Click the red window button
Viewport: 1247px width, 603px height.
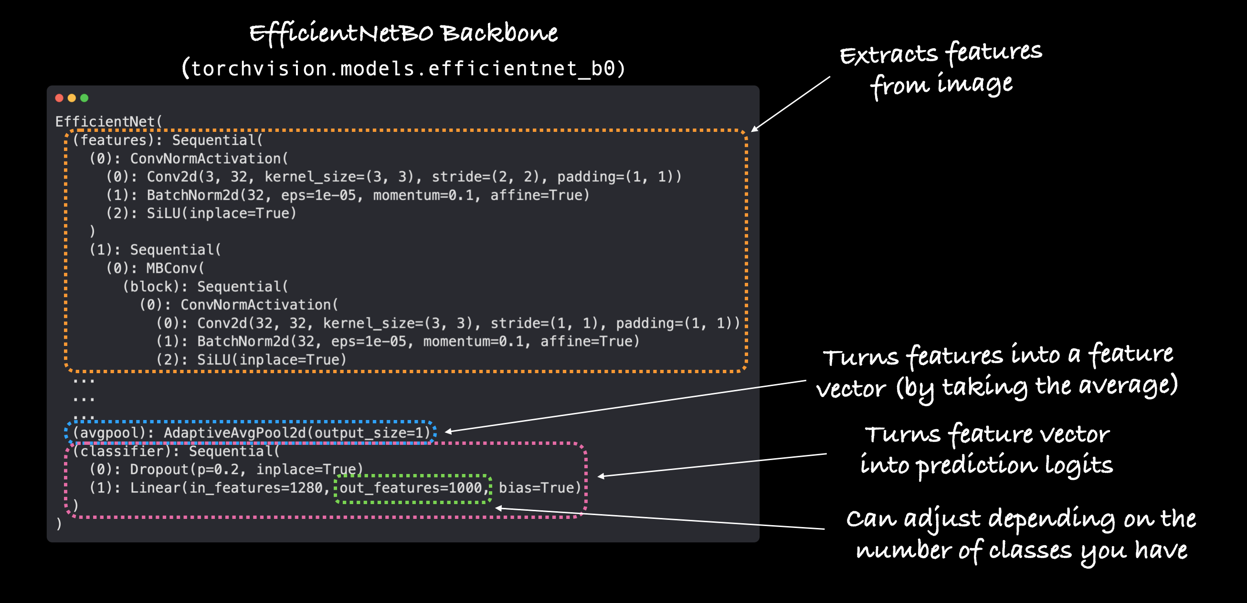(x=59, y=98)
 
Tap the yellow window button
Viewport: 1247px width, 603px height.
(x=72, y=98)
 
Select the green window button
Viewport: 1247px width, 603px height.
(x=84, y=98)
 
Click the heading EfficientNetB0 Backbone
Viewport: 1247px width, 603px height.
(x=403, y=33)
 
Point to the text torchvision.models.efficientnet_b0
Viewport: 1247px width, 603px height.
(x=403, y=68)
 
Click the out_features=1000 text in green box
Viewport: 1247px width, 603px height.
(x=412, y=488)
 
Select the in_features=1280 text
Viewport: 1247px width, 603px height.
(x=256, y=488)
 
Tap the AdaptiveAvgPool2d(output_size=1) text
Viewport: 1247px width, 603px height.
(x=297, y=432)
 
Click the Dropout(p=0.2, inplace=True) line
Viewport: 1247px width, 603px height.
(x=227, y=469)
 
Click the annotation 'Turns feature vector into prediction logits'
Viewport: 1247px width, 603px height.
(x=986, y=450)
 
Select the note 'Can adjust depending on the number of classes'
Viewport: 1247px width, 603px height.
(x=1020, y=534)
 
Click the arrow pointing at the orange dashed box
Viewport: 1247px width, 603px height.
(x=791, y=104)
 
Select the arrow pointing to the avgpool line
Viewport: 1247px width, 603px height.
(x=624, y=406)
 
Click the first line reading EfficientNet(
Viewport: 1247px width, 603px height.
(x=108, y=121)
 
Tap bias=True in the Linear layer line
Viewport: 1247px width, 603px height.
(x=539, y=488)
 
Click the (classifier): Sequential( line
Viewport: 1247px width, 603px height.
(x=176, y=452)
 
